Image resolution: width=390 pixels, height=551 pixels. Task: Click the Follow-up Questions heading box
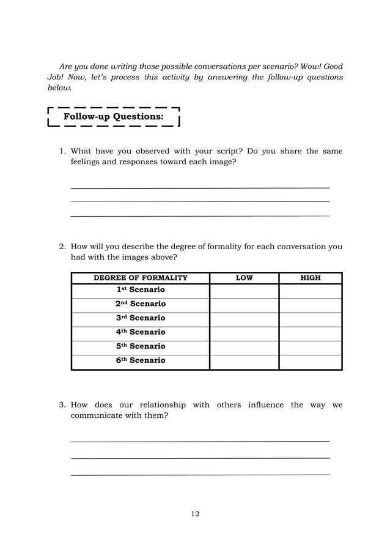pyautogui.click(x=114, y=116)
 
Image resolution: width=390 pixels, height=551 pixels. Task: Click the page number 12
pyautogui.click(x=195, y=514)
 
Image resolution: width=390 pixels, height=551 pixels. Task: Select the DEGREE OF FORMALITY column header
pyautogui.click(x=140, y=278)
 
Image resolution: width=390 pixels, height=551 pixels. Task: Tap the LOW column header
pyautogui.click(x=244, y=278)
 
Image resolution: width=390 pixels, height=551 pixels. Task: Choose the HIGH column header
pyautogui.click(x=311, y=278)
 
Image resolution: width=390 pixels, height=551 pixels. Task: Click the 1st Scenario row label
pyautogui.click(x=141, y=290)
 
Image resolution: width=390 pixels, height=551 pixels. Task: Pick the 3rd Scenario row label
pyautogui.click(x=141, y=318)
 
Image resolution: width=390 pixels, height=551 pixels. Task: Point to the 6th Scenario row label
pyautogui.click(x=141, y=360)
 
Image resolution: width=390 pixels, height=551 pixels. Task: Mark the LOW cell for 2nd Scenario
pyautogui.click(x=244, y=304)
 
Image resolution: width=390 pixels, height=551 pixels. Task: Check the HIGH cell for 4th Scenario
pyautogui.click(x=311, y=332)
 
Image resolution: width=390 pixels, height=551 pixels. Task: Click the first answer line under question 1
pyautogui.click(x=200, y=186)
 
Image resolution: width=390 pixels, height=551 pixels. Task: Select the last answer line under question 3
pyautogui.click(x=200, y=474)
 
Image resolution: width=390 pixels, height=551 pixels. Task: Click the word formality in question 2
pyautogui.click(x=227, y=247)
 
